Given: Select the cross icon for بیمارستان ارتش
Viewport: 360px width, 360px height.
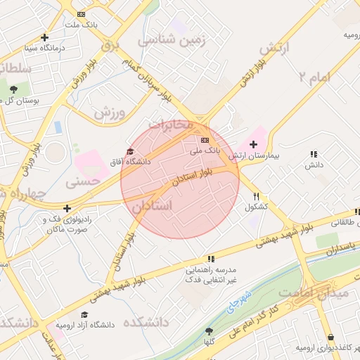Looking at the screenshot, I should point(254,143).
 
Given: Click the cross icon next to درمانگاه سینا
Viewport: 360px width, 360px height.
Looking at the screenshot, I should point(46,37).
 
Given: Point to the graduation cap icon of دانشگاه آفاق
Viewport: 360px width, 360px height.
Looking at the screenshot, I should point(129,151).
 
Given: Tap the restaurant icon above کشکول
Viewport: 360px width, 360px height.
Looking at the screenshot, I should point(257,197).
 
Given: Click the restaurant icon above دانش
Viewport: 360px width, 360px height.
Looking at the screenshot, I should point(313,154).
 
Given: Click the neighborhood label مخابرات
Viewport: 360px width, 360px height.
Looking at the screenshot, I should point(169,125).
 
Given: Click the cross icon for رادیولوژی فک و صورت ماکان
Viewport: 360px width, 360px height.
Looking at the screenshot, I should point(67,208).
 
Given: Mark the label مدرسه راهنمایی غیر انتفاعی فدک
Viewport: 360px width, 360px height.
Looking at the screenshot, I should point(211,274).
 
